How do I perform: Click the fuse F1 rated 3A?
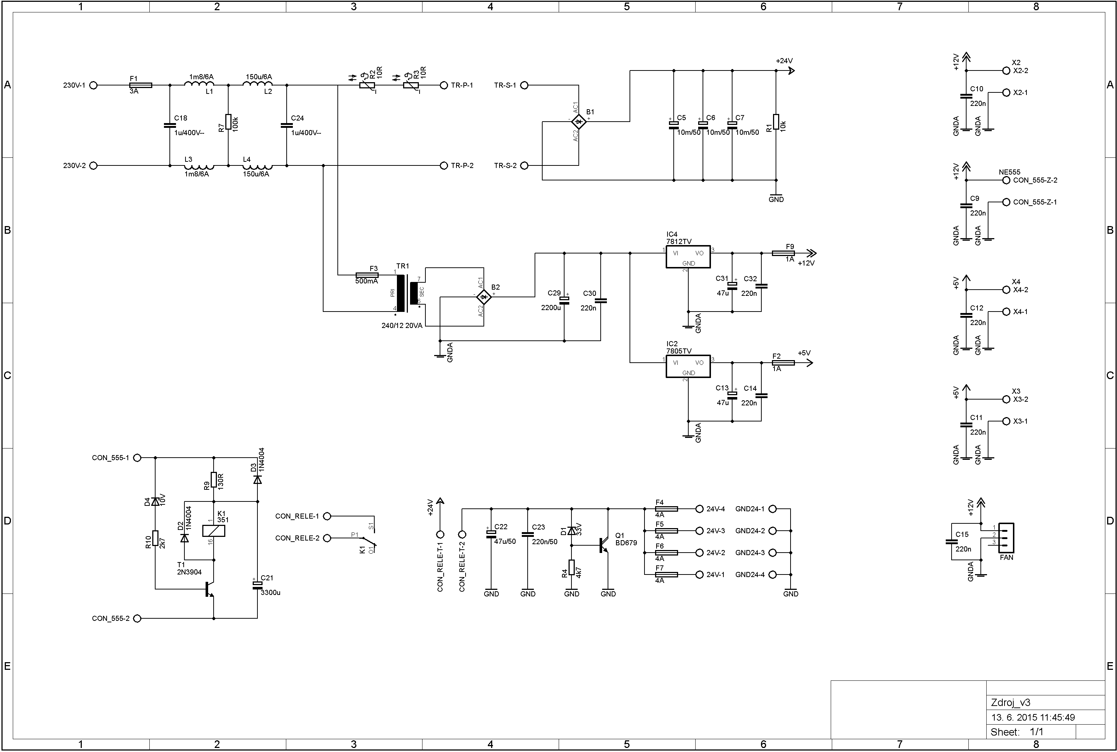click(x=141, y=85)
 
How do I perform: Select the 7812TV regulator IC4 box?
click(x=688, y=257)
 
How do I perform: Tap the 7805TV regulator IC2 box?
click(x=688, y=367)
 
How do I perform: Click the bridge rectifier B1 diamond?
click(x=579, y=122)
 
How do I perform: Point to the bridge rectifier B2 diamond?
click(x=484, y=297)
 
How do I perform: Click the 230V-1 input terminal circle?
click(x=93, y=85)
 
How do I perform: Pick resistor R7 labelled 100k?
click(x=228, y=122)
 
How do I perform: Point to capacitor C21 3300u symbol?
click(x=257, y=584)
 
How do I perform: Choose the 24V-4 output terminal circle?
click(x=699, y=509)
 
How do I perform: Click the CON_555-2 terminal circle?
click(x=137, y=618)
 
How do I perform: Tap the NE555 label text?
click(x=1010, y=172)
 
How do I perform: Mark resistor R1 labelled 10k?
click(x=776, y=122)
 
